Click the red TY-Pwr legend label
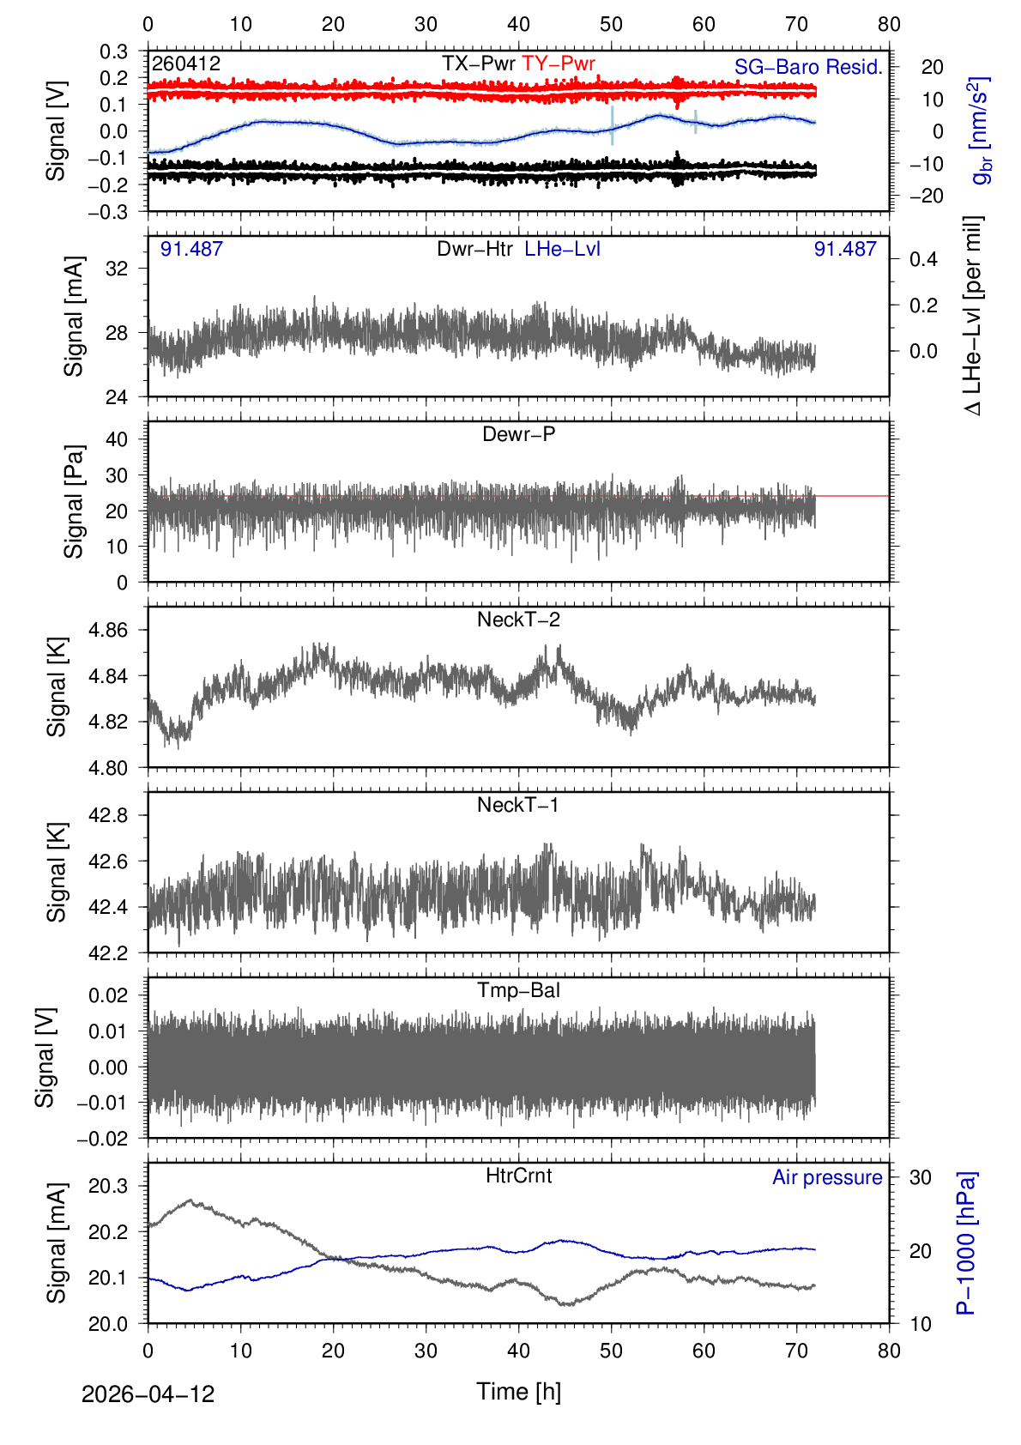[x=558, y=63]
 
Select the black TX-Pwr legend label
[x=478, y=63]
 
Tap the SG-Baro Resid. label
[x=808, y=67]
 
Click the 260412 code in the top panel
[x=186, y=63]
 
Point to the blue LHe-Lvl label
[x=562, y=249]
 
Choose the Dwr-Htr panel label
[x=474, y=249]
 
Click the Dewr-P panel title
[x=518, y=434]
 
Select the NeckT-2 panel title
[x=518, y=620]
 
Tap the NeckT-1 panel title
[x=518, y=805]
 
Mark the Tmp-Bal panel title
[x=518, y=990]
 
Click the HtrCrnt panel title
[x=518, y=1176]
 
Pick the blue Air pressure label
[x=827, y=1177]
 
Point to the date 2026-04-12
[x=148, y=1394]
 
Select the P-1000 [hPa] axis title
[x=966, y=1242]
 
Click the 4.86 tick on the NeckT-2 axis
[x=108, y=630]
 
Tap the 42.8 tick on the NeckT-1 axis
[x=108, y=815]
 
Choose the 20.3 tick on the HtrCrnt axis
[x=108, y=1186]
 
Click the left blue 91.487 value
[x=191, y=249]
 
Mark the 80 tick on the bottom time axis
[x=889, y=1351]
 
